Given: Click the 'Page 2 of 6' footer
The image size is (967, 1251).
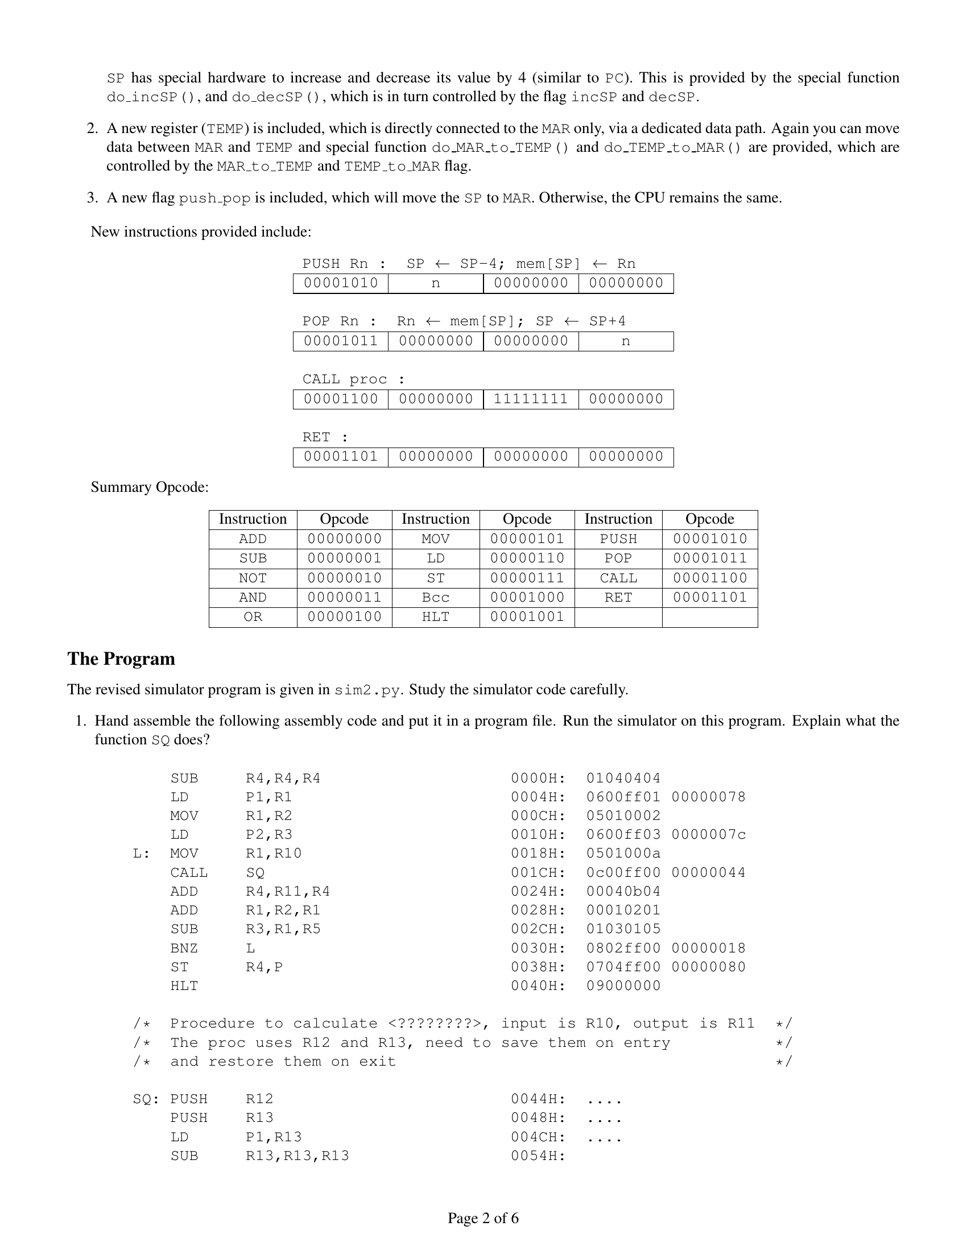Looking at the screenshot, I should coord(483,1218).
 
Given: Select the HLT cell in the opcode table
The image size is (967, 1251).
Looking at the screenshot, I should coord(435,617).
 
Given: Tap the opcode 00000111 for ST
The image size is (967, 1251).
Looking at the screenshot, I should coord(527,578).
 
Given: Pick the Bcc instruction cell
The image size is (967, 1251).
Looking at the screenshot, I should coord(435,598).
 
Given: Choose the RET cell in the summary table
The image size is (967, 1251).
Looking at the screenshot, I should coord(618,598).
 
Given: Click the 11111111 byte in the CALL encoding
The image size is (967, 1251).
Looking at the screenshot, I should coord(531,399).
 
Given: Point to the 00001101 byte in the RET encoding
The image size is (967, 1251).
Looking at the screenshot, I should coord(340,457).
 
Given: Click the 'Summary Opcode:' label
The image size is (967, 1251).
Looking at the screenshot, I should coord(150,487).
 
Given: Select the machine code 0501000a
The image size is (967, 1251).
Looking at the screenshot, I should coord(623,854).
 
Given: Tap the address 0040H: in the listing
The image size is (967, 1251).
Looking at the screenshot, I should coord(538,986).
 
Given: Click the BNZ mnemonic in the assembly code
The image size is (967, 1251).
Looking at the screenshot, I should coord(184,948).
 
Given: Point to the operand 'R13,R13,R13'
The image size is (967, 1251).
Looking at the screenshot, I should coord(297,1155).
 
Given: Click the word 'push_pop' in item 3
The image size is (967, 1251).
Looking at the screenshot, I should coord(214,198).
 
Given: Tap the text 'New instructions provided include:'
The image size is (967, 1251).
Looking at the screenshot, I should coord(201,231).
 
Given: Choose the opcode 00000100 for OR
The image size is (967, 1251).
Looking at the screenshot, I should coord(344,617).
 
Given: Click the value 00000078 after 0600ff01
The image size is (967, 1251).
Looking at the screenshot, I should coord(708,797).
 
